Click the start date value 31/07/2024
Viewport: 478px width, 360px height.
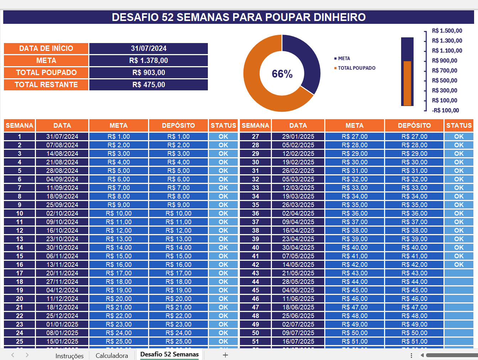(148, 48)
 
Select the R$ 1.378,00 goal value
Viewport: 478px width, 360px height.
(148, 60)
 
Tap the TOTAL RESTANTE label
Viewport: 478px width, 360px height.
(46, 85)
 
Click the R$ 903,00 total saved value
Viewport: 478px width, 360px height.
(148, 73)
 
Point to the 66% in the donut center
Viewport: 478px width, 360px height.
(282, 74)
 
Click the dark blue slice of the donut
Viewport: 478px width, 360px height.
(304, 60)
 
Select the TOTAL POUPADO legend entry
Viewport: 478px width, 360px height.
(356, 68)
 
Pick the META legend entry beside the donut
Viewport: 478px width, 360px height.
(344, 58)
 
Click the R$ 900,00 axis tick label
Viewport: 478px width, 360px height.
(444, 60)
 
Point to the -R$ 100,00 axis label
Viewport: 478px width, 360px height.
(445, 110)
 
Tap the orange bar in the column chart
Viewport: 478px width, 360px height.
(407, 83)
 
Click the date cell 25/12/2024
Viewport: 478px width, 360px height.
(62, 316)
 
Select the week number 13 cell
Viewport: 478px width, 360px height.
(20, 239)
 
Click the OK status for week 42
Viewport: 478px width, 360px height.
(459, 265)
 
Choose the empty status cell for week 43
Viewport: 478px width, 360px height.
(459, 273)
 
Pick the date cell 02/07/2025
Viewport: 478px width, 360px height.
(298, 324)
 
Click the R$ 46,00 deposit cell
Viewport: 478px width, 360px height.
(414, 299)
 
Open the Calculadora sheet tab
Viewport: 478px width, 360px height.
(112, 355)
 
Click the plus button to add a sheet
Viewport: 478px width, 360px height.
(225, 355)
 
